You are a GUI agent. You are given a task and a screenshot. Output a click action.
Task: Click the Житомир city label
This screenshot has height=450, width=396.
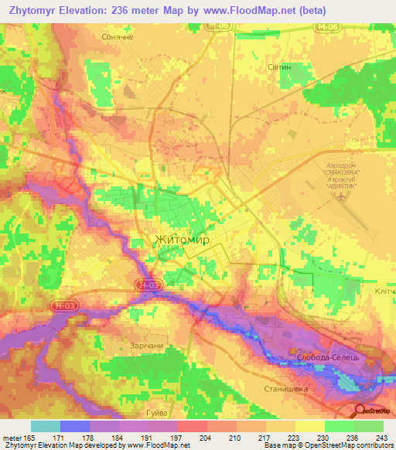tap(182, 240)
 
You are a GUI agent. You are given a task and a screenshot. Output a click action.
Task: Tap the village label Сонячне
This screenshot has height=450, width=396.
tap(118, 36)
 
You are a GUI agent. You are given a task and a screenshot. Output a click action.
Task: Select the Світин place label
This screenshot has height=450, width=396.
tap(278, 67)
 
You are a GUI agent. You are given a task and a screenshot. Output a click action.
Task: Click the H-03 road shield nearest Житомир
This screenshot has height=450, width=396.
tap(149, 285)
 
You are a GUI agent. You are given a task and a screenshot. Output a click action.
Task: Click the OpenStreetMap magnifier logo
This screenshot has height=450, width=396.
tap(360, 411)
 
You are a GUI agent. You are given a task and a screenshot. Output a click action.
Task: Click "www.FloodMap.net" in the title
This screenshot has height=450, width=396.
tap(224, 10)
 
